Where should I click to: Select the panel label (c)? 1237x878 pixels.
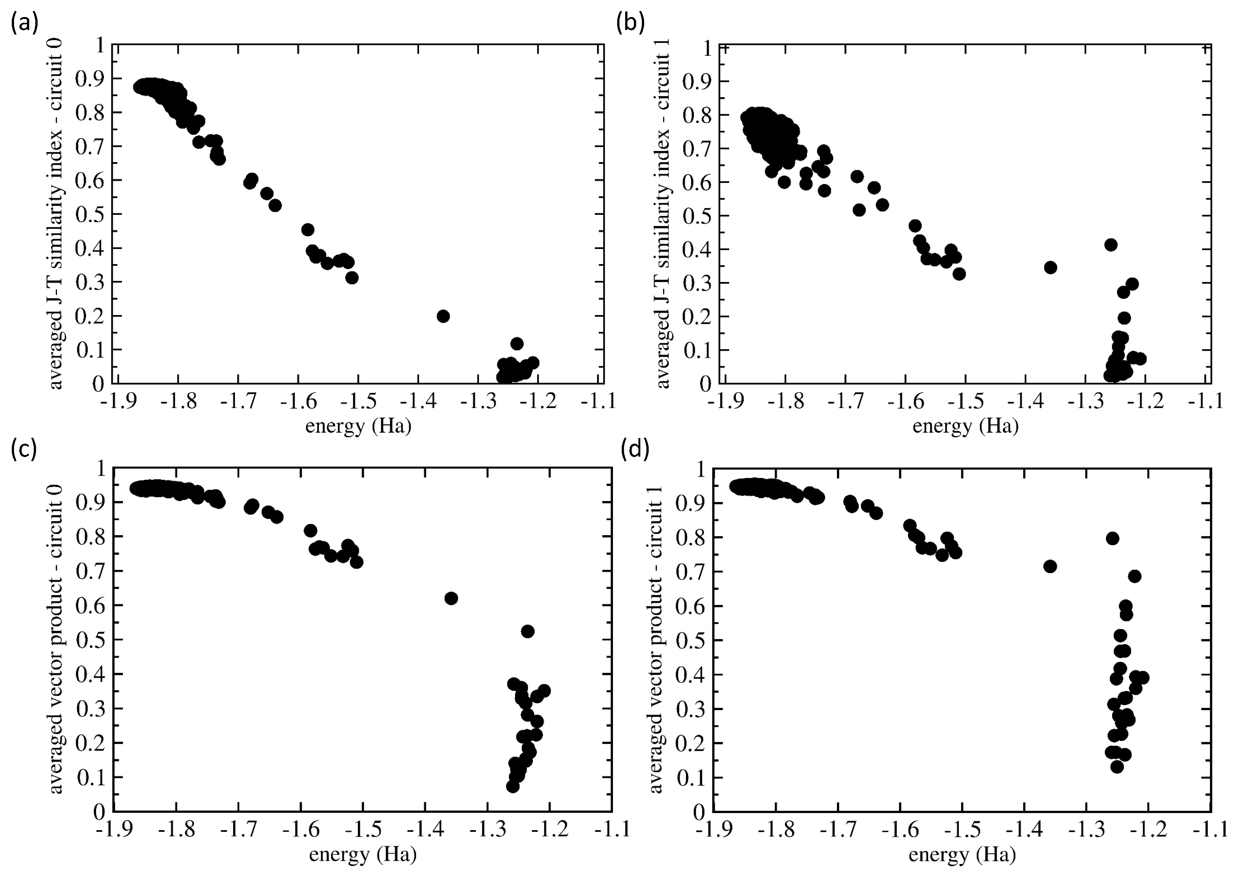click(24, 449)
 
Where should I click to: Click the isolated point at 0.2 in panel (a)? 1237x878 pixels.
click(443, 316)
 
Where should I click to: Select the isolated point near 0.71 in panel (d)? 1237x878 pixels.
click(1049, 566)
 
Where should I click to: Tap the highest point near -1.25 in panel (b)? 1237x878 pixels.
click(1111, 245)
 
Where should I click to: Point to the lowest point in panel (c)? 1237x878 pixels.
click(512, 786)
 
